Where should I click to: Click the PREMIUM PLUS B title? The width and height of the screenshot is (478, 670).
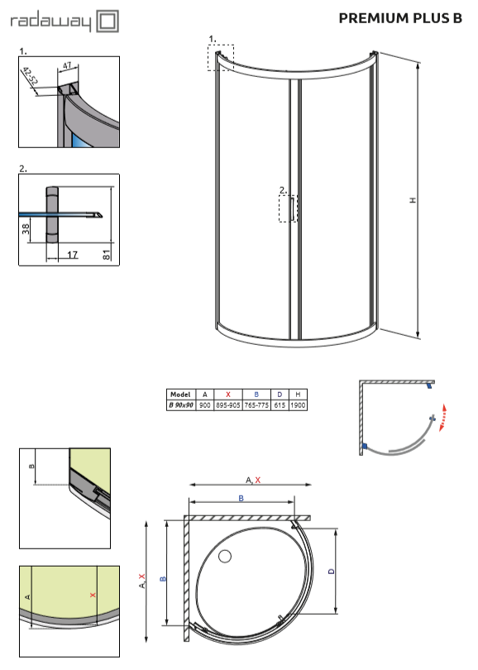tap(400, 18)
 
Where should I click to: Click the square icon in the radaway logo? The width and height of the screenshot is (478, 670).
tap(108, 21)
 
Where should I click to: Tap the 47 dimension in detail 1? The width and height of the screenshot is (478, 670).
tap(68, 66)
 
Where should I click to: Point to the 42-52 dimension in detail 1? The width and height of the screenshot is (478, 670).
tap(31, 75)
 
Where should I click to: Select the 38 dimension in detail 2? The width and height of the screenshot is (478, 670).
tap(26, 229)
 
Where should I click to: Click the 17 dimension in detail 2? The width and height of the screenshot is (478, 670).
tap(72, 255)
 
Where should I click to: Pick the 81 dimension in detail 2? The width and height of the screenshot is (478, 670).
tap(107, 255)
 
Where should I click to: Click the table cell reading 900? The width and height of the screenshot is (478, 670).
tap(205, 405)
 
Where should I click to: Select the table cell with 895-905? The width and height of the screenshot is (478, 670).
tap(228, 405)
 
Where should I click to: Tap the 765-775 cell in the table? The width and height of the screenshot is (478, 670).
tap(256, 405)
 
